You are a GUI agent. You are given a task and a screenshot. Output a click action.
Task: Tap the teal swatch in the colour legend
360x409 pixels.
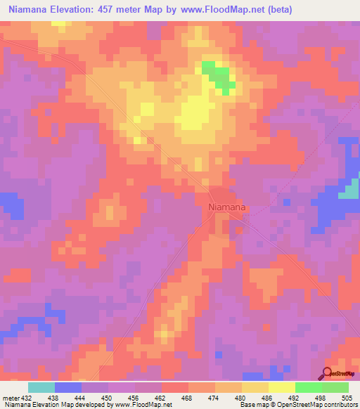41,387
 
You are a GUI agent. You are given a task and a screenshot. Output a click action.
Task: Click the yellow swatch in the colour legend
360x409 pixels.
281,387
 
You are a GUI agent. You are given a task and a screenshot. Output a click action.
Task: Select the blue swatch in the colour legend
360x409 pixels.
68,387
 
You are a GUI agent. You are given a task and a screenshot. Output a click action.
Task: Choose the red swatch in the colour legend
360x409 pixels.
175,387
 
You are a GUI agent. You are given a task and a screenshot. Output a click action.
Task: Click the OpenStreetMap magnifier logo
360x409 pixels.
328,373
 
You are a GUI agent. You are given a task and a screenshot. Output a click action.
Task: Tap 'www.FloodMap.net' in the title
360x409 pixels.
219,9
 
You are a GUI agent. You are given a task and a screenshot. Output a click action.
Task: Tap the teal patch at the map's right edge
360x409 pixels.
349,190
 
